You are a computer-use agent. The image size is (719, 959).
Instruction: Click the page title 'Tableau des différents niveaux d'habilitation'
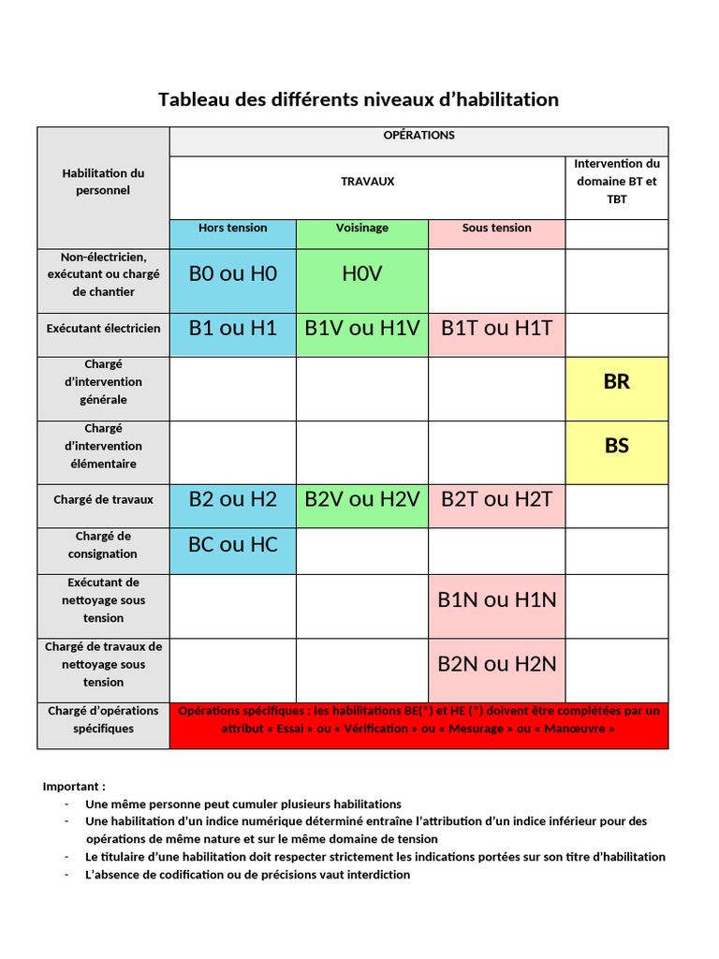pos(359,99)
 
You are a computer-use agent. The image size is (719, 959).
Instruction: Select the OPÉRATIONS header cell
pos(418,135)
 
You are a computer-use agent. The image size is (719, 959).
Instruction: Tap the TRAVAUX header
pos(367,182)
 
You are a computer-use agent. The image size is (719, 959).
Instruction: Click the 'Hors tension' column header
pos(232,229)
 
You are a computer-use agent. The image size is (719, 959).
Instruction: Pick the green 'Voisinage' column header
pos(362,229)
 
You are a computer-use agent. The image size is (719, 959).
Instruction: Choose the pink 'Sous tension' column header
pos(496,229)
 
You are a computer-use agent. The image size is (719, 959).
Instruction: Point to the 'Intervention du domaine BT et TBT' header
pos(616,182)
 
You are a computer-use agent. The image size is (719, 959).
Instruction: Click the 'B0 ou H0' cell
pos(233,273)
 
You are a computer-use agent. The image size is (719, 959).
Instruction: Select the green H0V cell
pos(362,273)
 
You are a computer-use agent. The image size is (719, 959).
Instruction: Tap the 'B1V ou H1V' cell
pos(362,328)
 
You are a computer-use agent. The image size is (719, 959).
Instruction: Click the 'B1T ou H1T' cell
pos(497,328)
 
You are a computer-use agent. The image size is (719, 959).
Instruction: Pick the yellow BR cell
pos(617,382)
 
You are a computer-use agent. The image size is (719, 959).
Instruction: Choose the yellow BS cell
pos(617,446)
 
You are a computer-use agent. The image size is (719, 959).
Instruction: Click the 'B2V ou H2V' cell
pos(362,500)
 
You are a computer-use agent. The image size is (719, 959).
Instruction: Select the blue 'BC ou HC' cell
pos(233,544)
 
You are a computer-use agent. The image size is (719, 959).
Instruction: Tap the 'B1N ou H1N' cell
pos(497,600)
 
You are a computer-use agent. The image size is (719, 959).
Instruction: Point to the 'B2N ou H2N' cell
pos(497,664)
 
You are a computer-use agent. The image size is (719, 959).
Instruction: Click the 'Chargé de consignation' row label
pos(103,545)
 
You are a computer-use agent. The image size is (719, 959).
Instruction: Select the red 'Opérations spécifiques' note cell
pos(418,719)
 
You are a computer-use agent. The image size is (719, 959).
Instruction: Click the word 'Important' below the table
pos(72,787)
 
